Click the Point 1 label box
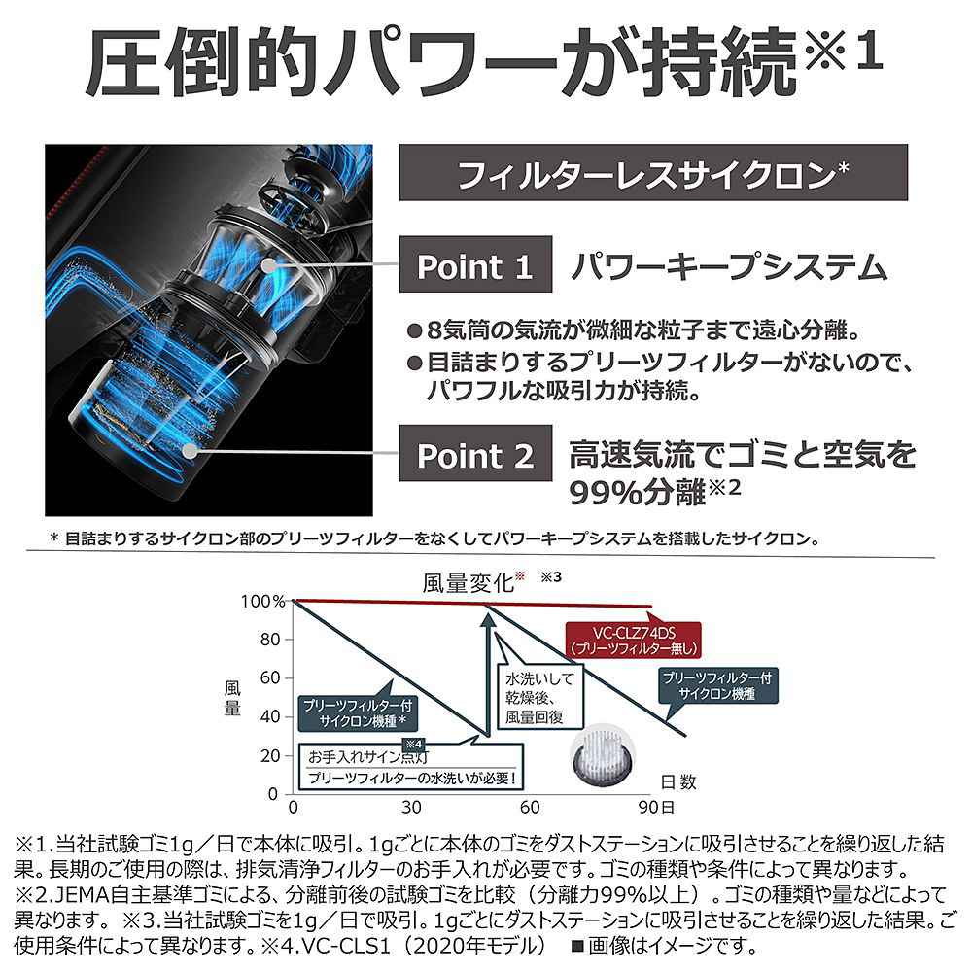[x=475, y=264]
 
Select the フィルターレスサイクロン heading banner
[x=653, y=172]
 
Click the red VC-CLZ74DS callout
[x=634, y=640]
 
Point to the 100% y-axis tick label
[x=262, y=602]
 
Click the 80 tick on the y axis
[x=270, y=640]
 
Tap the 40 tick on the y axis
[x=270, y=717]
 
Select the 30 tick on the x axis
[x=411, y=807]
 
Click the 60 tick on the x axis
[x=530, y=807]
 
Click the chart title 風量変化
[x=469, y=582]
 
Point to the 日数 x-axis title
[x=678, y=781]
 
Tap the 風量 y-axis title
[x=232, y=698]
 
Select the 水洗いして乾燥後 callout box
[x=540, y=697]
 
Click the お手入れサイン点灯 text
[x=368, y=757]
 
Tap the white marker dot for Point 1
[x=268, y=265]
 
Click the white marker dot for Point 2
[x=191, y=451]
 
